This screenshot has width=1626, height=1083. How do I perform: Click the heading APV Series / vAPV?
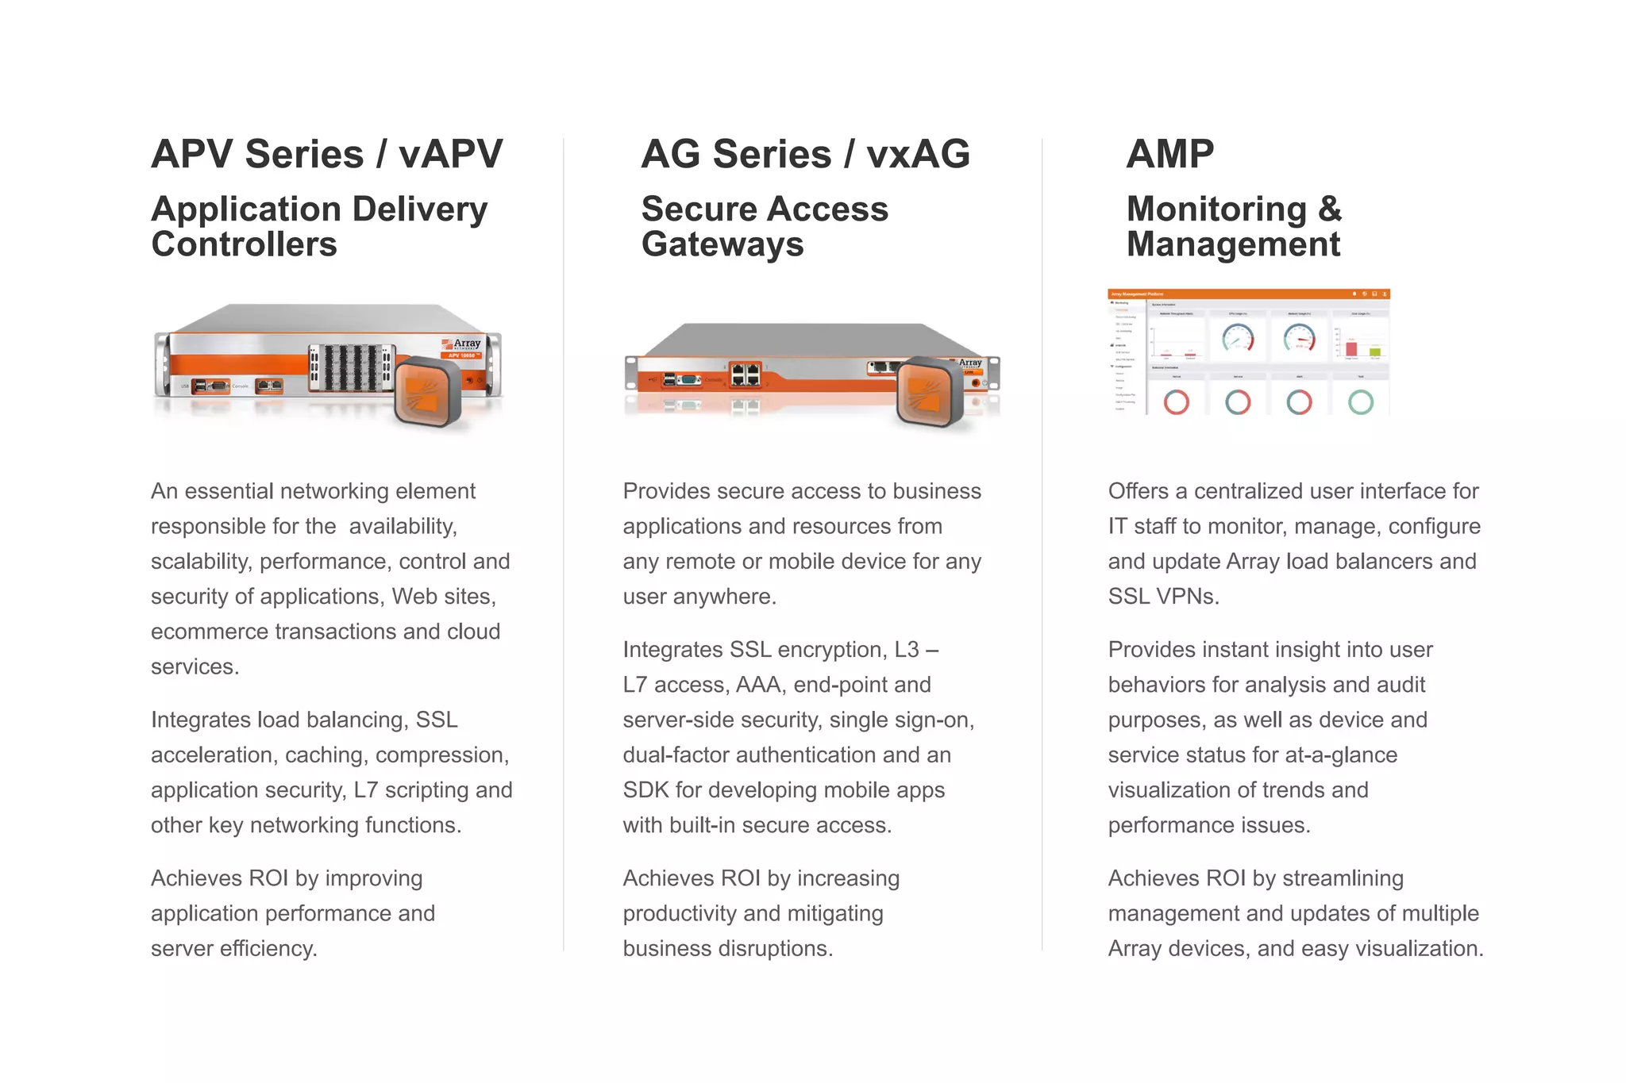pos(326,154)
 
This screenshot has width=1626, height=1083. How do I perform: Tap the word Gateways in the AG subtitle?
pos(722,244)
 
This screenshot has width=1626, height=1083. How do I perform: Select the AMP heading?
pos(1169,154)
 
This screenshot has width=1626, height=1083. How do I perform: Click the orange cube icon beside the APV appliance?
pos(428,392)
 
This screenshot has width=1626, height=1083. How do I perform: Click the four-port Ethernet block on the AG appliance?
pos(745,374)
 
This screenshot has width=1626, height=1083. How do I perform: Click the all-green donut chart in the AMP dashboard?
pos(1360,402)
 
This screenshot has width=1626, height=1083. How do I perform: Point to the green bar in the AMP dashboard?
pos(1374,351)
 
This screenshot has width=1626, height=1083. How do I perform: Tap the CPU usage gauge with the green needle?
pos(1238,339)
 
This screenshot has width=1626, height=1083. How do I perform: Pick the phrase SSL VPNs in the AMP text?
pos(1163,597)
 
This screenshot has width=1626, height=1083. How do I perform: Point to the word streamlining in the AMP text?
pos(1343,878)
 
